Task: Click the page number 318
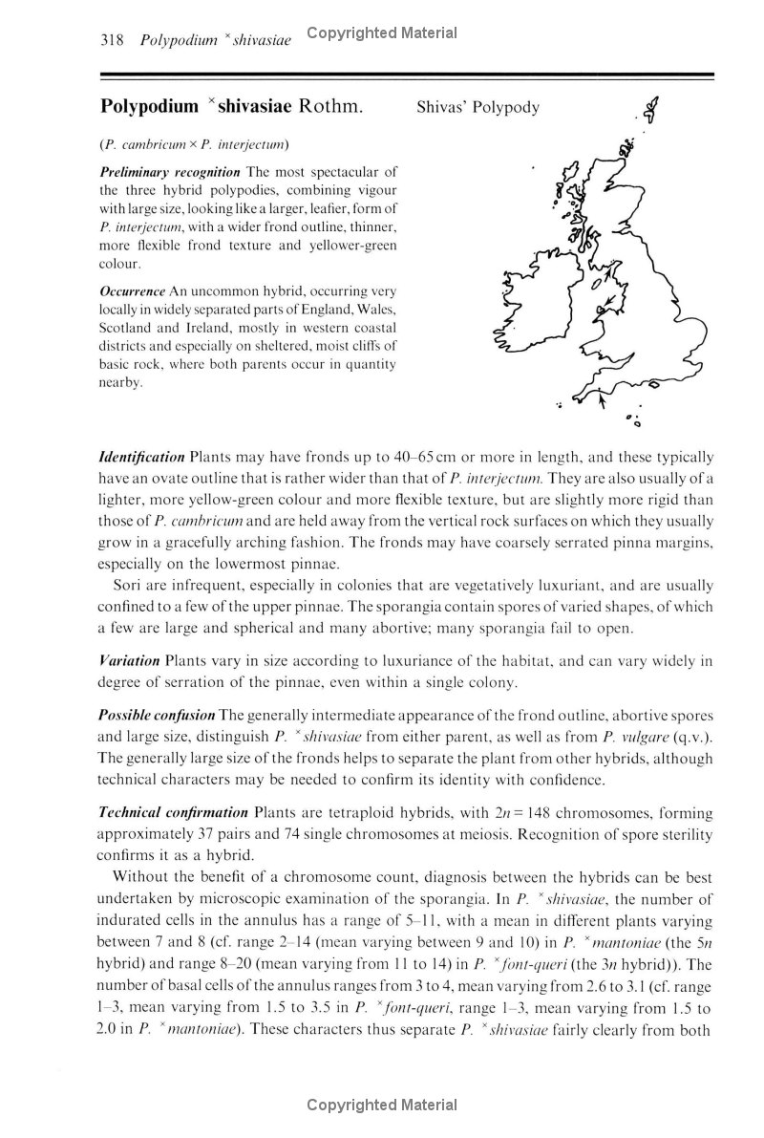[100, 40]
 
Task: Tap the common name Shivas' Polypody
[477, 107]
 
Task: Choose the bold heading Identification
[142, 457]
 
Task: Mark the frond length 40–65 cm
[449, 457]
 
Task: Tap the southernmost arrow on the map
[601, 403]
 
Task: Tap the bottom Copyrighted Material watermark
[382, 1106]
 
